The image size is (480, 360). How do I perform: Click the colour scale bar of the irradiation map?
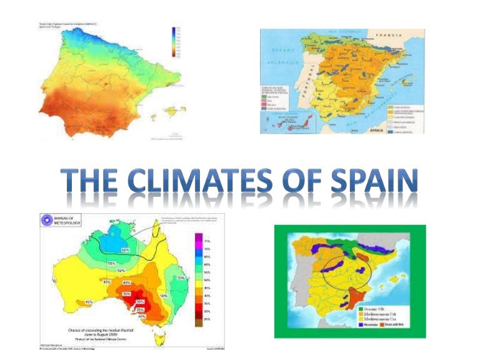[x=175, y=42]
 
